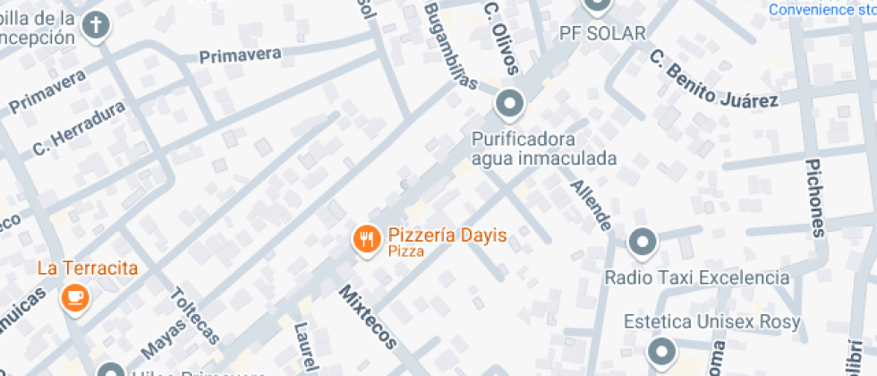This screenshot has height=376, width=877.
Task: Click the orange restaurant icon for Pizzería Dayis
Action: click(366, 239)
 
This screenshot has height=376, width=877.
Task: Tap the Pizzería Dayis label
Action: click(447, 236)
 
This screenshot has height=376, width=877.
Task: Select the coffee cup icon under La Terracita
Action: click(74, 297)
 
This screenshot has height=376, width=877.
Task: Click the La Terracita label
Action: click(88, 268)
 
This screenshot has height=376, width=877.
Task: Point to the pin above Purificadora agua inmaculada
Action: click(510, 106)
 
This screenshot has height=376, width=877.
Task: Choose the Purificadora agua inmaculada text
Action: click(544, 150)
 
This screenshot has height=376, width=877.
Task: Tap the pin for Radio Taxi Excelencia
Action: click(642, 242)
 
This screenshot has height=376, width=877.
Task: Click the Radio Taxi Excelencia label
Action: click(697, 278)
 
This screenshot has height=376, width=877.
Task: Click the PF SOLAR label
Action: click(602, 34)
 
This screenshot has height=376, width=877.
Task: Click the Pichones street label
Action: click(814, 199)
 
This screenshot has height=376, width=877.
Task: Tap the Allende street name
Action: click(592, 205)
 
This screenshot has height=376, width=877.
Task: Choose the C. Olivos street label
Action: click(498, 27)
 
